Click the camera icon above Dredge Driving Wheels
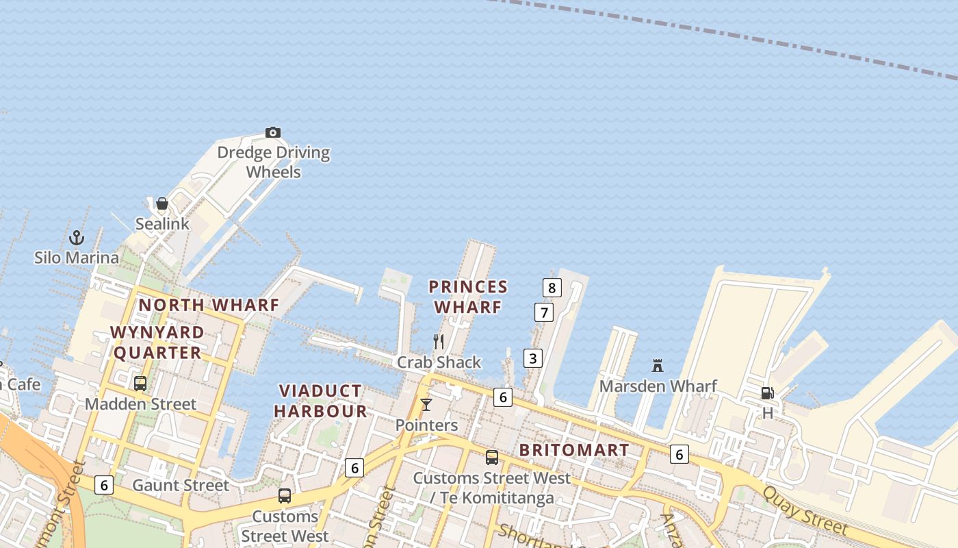click(273, 132)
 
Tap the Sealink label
click(162, 224)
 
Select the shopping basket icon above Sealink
click(162, 203)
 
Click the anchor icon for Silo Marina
click(77, 238)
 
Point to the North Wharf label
click(209, 305)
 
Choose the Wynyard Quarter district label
click(157, 342)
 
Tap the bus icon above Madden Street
click(140, 384)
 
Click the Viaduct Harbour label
click(321, 401)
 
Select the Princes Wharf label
click(469, 297)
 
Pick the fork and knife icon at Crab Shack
click(439, 341)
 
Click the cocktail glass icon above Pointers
click(426, 405)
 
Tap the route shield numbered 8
click(552, 288)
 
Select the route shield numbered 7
click(544, 313)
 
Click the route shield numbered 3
click(533, 358)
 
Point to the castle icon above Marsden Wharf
click(658, 365)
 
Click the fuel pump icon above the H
click(768, 393)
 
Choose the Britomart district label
click(573, 450)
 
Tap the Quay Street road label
click(805, 511)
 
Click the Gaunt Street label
click(181, 486)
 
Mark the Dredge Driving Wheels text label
click(274, 162)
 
